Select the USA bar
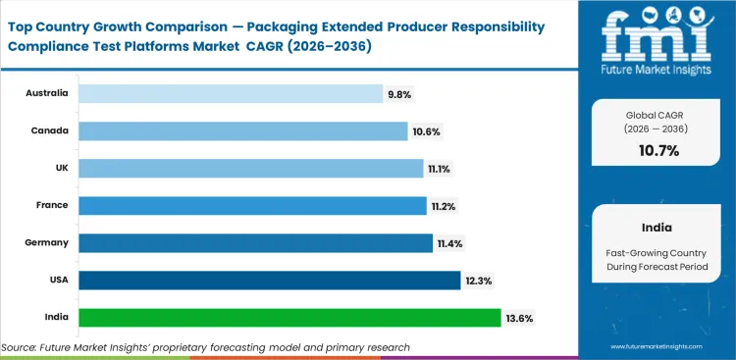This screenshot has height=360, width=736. pos(269,281)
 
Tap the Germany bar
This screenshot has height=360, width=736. pos(255,243)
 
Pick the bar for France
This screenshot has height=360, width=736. pos(252,206)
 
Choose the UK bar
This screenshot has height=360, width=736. pos(250,169)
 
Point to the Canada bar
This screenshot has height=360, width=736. pos(242,131)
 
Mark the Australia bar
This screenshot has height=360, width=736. pos(230,94)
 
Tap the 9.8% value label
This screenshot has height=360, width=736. pos(398,94)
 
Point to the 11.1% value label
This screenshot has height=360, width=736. pos(439,169)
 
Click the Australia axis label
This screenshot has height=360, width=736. pos(47,94)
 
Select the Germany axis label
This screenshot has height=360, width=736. pos(47,243)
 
